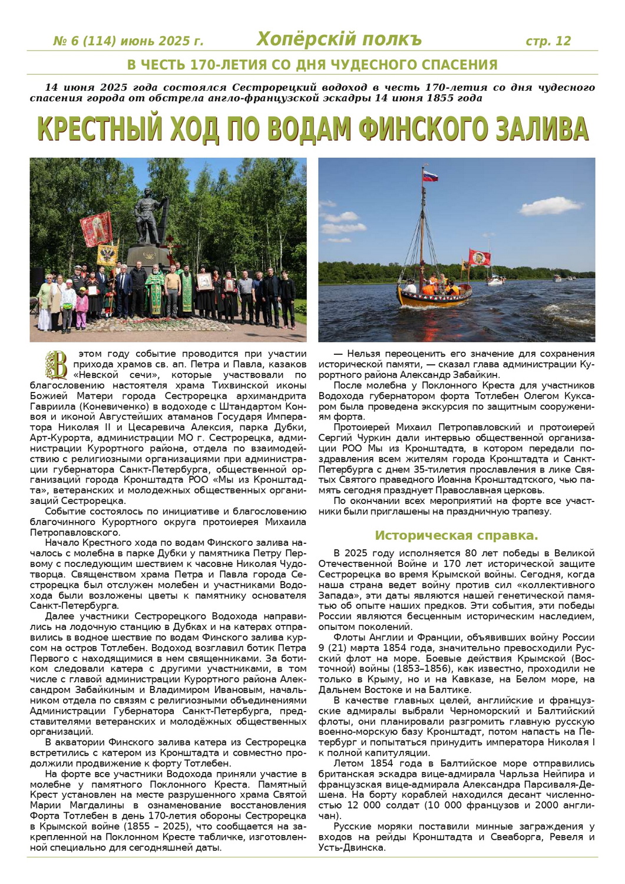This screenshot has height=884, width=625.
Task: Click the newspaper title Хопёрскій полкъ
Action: coord(339,39)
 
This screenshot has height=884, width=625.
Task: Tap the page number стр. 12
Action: coord(548,41)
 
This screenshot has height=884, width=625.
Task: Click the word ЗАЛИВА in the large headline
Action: coord(541,129)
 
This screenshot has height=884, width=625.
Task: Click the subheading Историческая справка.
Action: coord(457,536)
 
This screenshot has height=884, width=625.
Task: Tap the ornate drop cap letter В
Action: coord(57,365)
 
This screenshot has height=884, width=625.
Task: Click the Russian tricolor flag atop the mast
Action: coord(429,175)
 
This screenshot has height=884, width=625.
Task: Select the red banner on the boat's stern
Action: coord(479,257)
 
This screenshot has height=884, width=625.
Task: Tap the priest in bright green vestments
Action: coord(154,289)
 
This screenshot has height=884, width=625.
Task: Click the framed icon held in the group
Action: coord(204,282)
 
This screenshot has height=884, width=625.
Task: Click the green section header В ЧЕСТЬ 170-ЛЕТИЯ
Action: coord(312,65)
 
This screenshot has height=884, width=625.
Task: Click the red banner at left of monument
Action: coord(96,228)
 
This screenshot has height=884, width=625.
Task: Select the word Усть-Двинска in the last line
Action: coord(351,848)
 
